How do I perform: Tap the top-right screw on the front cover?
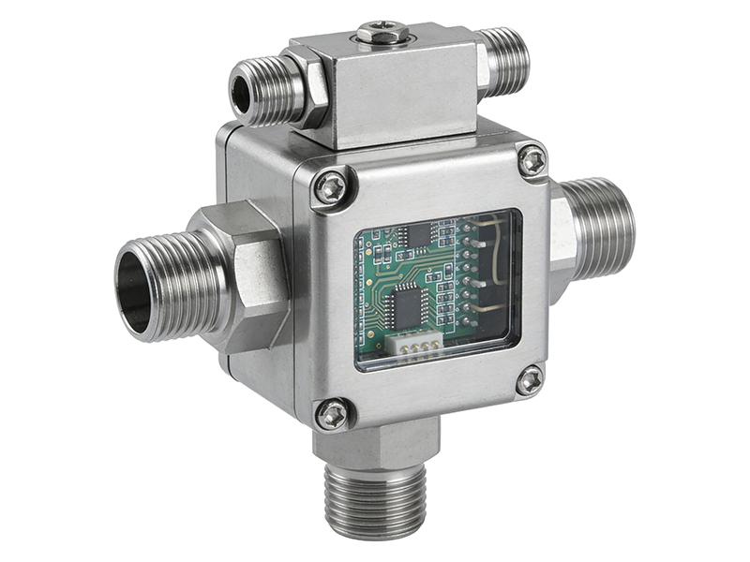532,160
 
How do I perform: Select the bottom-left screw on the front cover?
332,413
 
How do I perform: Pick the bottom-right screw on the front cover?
530,379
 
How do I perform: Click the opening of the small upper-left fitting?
241,90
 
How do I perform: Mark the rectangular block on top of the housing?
394,84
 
